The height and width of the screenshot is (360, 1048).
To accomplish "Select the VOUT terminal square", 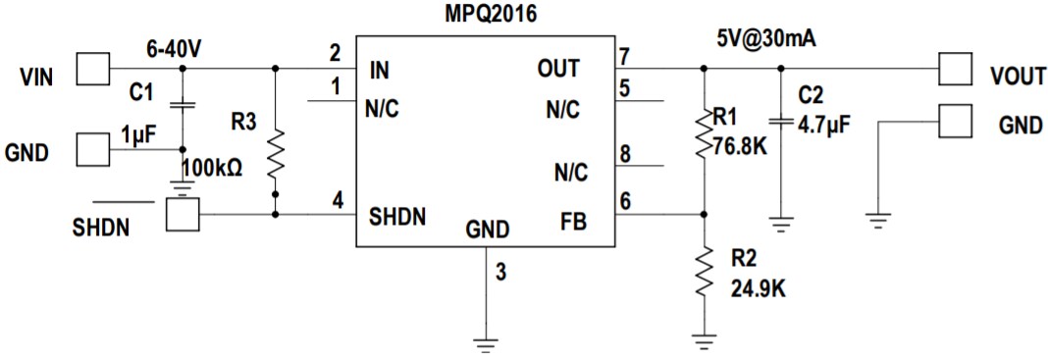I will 953,69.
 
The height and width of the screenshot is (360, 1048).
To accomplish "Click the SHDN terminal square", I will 182,215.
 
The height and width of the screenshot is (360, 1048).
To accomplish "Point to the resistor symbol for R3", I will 275,153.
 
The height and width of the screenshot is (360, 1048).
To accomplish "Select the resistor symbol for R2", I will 704,274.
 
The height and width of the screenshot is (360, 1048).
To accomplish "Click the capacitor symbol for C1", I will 182,104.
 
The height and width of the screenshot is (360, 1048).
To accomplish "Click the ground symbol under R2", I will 704,342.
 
